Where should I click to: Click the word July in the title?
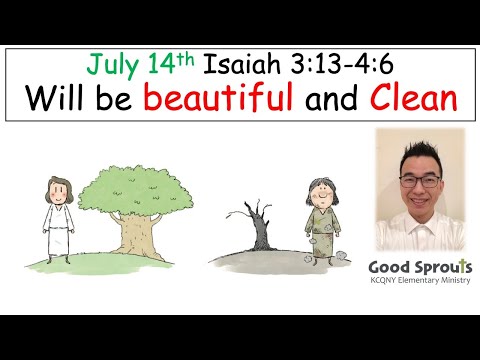(x=112, y=65)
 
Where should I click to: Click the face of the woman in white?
(x=57, y=193)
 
